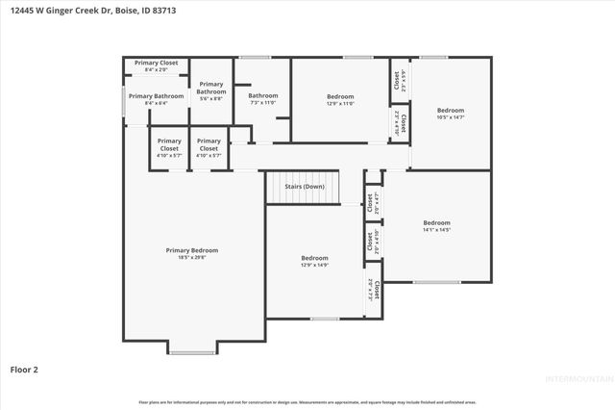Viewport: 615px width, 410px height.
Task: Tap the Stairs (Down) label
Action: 306,186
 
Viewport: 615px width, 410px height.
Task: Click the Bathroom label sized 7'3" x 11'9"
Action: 262,95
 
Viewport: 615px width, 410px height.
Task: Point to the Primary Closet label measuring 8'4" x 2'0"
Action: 156,63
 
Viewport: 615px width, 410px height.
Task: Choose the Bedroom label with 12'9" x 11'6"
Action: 340,96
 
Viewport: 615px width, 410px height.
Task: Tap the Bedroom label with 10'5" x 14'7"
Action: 451,110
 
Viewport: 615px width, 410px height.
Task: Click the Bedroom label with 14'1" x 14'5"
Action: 436,222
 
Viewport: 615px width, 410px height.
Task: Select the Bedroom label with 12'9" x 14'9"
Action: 314,258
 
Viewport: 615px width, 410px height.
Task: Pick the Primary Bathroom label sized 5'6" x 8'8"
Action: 211,88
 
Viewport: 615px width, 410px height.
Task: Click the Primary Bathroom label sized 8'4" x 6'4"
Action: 156,96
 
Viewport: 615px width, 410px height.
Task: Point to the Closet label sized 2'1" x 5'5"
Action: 397,82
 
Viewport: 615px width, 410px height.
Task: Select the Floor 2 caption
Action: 24,369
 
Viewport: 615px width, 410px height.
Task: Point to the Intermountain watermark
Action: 578,378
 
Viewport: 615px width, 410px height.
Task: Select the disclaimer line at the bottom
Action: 307,401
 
